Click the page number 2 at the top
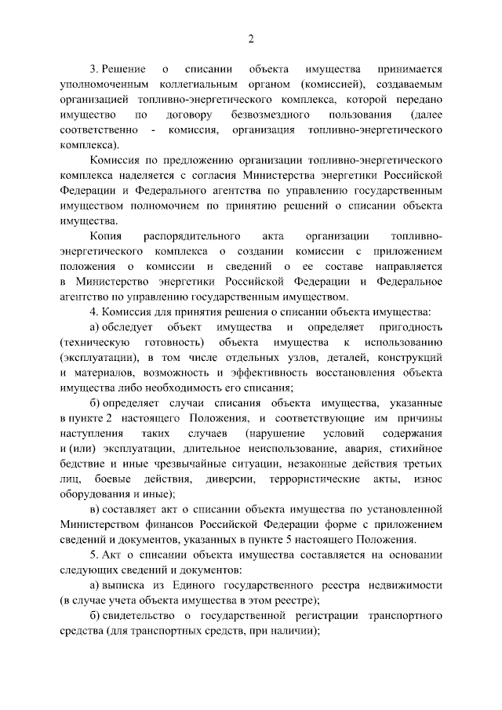pos(251,38)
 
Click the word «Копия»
pos(104,236)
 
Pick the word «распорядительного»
pos(192,236)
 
